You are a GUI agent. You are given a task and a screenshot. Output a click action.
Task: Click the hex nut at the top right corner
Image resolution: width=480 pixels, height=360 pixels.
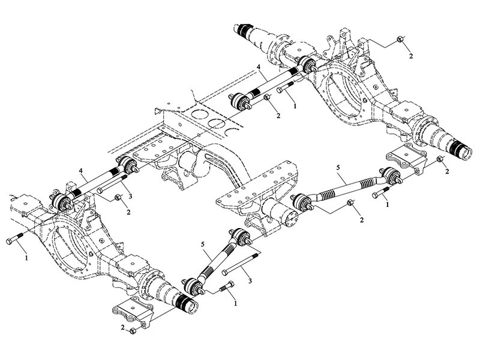click(x=400, y=41)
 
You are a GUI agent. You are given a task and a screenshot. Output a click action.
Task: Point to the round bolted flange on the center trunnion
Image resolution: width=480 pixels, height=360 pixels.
click(x=292, y=220)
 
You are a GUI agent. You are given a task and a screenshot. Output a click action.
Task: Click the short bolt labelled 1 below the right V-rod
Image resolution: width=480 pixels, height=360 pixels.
click(x=382, y=194)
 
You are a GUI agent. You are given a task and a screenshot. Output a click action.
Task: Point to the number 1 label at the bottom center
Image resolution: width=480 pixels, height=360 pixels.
click(x=236, y=304)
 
